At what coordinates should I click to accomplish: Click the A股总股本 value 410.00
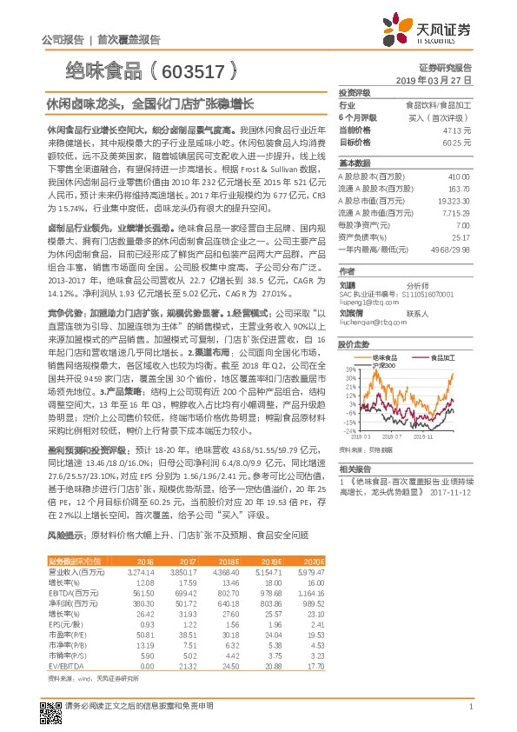point(459,176)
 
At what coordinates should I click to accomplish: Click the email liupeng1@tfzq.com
point(363,278)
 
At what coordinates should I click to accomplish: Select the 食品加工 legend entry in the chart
point(417,357)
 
